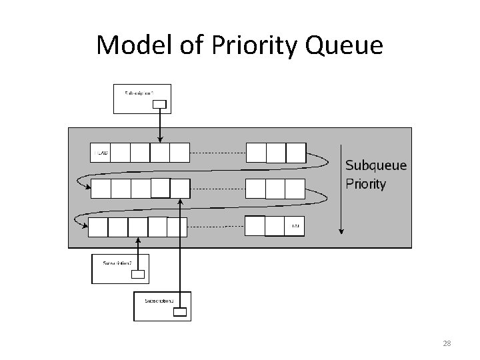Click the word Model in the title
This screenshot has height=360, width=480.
point(131,45)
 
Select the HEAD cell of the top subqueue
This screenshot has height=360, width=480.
point(100,153)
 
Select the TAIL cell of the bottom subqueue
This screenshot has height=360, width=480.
point(295,227)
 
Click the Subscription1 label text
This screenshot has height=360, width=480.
point(141,92)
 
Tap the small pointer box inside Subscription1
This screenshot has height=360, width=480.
point(159,103)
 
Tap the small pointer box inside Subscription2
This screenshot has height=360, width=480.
point(137,273)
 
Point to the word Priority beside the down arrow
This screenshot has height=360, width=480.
point(365,184)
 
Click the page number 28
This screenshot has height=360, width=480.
point(447,343)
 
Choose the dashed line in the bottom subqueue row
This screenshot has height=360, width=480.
point(216,227)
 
